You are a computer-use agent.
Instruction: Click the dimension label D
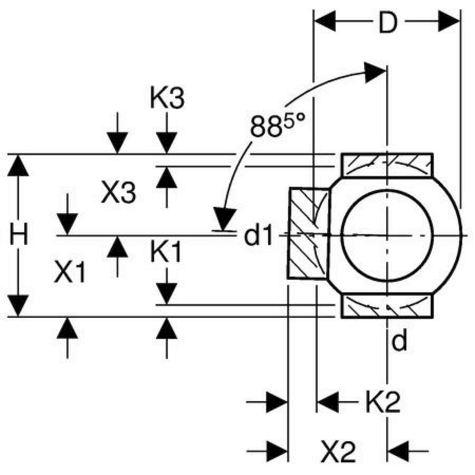388,22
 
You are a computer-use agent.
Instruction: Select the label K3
167,98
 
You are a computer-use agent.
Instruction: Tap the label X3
118,192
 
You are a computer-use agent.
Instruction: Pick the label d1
259,235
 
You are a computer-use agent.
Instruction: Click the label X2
338,451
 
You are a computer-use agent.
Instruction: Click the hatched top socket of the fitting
387,165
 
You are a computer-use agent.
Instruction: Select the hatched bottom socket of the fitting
387,306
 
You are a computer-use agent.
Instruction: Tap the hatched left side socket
308,233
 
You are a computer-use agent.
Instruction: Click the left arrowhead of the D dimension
325,22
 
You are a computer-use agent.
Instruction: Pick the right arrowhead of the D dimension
449,22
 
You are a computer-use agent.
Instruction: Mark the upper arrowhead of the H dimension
18,165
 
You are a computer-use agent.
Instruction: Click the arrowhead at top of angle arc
375,73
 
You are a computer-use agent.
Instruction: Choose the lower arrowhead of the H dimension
18,306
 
